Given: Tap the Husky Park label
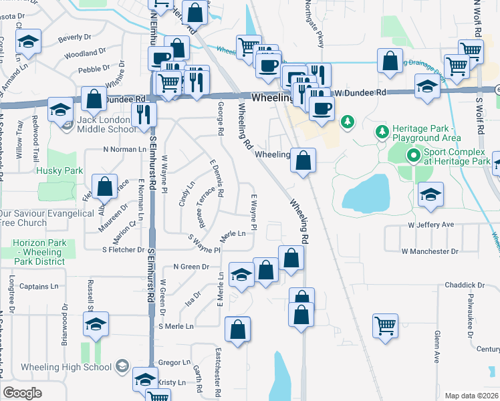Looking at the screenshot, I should tap(60, 170).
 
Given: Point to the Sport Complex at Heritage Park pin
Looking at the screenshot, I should tap(414, 156).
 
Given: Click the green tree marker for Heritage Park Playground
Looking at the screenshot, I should tap(382, 132).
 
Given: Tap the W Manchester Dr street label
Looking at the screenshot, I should tap(430, 251).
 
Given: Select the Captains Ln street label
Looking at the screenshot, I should tap(39, 287).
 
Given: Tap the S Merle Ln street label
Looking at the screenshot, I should tap(176, 326).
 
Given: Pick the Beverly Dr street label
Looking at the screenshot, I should tap(75, 38).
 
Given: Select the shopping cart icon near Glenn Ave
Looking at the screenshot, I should tap(386, 326).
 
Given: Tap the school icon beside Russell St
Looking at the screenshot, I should tap(96, 325).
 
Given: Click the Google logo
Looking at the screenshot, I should tap(22, 393).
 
